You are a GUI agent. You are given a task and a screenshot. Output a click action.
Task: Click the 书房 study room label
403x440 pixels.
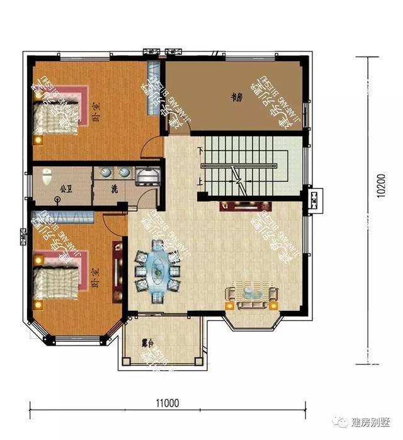(236, 98)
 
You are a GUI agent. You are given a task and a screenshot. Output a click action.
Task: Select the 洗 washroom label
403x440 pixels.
(115, 189)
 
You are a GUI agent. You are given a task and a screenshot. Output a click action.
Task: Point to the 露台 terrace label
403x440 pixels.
(148, 344)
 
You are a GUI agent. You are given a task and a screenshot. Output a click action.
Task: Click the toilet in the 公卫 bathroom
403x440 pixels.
(46, 178)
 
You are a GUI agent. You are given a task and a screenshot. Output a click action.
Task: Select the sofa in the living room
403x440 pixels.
(252, 296)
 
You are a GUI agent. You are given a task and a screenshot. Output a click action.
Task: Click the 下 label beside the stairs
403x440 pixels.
(200, 151)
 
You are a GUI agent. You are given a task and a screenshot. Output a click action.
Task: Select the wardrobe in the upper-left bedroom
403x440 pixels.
(152, 88)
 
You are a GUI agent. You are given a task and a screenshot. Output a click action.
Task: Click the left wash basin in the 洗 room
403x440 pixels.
(105, 172)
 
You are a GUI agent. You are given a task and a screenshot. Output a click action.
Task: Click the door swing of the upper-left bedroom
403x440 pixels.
(151, 150)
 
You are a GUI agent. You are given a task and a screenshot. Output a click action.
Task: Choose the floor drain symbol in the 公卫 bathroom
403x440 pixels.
(58, 201)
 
